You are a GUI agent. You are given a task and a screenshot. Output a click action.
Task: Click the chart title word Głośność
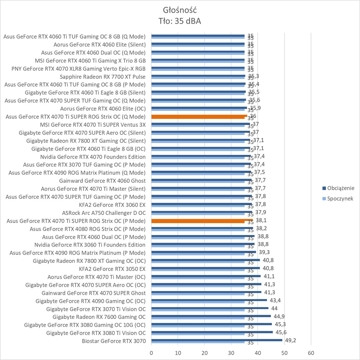(180, 10)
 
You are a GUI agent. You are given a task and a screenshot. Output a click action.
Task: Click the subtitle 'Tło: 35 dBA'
(180, 21)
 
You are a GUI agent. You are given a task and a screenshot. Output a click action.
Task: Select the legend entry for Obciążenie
(340, 188)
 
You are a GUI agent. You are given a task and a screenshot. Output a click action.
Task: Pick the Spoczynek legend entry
(340, 199)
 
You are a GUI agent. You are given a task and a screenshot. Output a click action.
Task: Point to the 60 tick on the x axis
(311, 353)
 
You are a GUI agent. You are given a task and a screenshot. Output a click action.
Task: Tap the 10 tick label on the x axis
(178, 353)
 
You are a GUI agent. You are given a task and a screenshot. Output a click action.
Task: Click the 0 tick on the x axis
(151, 353)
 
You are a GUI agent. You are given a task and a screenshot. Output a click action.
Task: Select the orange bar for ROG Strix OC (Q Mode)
(199, 116)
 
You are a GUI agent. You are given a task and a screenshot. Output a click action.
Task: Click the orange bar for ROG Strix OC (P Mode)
(202, 220)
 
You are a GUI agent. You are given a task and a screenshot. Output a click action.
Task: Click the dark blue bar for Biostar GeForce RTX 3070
(217, 340)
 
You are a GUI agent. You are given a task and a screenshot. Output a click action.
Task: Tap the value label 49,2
(290, 340)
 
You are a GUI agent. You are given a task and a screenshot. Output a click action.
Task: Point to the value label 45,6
(281, 332)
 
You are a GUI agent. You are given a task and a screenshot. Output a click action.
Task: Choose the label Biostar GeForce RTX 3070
(114, 341)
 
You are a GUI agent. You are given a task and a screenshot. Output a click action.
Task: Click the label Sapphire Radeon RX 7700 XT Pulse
(103, 77)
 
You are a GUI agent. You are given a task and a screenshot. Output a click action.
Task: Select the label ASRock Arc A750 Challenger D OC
(104, 213)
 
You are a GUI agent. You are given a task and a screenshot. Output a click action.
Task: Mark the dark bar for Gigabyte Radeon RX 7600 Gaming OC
(211, 316)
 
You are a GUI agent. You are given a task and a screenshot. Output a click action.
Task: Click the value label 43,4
(275, 300)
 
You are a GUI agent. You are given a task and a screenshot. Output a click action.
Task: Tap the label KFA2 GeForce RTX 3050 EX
(112, 269)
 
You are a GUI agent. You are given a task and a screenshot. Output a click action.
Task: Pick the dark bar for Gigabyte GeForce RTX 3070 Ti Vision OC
(210, 308)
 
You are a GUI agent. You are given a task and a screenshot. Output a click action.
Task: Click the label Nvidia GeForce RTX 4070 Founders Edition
(93, 157)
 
